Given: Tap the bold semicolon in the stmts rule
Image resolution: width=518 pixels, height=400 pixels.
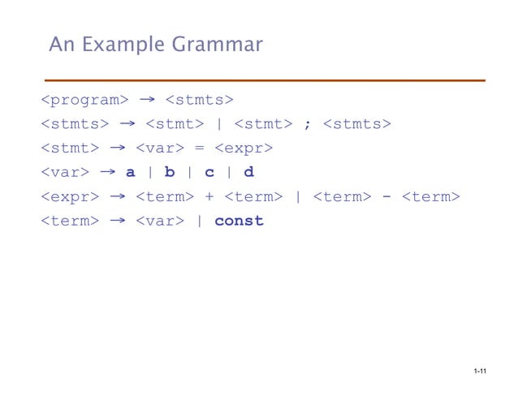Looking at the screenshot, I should [x=306, y=124].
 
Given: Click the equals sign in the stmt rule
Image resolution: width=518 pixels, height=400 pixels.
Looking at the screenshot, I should [x=199, y=148].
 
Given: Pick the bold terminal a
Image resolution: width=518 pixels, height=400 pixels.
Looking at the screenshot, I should [x=129, y=172].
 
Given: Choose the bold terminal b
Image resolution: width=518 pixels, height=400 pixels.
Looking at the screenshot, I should [x=169, y=172].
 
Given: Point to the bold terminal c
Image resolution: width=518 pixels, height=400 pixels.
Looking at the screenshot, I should [x=209, y=172].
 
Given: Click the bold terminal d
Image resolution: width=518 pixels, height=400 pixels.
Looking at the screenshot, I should [x=248, y=172].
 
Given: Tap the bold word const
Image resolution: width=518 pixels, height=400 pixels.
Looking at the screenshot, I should [x=240, y=221].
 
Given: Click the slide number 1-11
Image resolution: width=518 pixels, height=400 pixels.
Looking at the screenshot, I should [x=478, y=372].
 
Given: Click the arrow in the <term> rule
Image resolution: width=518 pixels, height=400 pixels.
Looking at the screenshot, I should [x=117, y=220].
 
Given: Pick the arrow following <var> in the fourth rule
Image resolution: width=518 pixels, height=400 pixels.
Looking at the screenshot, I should [x=107, y=171].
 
